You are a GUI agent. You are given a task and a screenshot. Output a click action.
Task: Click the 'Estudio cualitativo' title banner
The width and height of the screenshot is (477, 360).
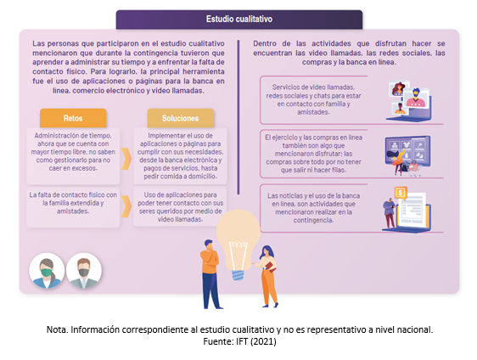[239, 20]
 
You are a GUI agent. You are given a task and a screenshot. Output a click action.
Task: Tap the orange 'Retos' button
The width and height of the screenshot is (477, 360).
[73, 118]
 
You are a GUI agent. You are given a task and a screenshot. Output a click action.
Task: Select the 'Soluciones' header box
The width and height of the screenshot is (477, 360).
[181, 118]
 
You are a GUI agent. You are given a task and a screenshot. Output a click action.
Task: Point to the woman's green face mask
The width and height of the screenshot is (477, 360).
[46, 272]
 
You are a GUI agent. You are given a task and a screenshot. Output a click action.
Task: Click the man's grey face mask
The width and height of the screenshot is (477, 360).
[84, 272]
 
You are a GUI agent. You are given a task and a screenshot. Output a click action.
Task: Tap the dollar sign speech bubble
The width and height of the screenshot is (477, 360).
[401, 193]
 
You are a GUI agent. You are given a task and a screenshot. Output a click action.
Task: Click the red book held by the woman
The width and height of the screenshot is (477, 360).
[271, 267]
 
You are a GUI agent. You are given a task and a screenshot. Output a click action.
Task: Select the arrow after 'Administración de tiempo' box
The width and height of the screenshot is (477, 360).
[126, 159]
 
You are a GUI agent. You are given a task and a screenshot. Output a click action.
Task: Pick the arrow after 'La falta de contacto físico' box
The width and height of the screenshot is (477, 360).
[126, 206]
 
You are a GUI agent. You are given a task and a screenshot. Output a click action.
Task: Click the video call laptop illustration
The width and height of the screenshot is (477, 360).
[409, 100]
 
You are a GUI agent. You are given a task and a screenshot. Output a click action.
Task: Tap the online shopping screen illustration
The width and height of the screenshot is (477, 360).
[407, 155]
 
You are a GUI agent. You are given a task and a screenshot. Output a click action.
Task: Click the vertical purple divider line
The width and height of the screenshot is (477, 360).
[238, 117]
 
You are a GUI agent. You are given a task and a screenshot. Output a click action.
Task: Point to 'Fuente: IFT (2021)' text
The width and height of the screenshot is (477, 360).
[239, 341]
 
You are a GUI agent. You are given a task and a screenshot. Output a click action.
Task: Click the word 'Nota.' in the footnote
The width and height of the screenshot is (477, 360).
[57, 329]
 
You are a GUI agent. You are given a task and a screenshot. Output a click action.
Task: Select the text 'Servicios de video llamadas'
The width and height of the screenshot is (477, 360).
[313, 87]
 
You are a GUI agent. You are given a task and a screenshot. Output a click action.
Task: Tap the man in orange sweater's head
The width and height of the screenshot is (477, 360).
[209, 245]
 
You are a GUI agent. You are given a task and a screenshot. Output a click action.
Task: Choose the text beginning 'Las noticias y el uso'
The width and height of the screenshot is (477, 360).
[313, 208]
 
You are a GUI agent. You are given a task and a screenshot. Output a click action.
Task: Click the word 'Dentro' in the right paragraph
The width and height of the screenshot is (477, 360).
[265, 43]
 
